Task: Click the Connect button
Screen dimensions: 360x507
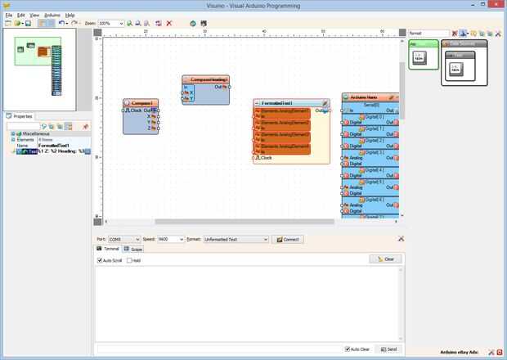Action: point(290,239)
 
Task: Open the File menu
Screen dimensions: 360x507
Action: point(9,15)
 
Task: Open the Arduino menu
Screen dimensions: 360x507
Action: point(52,15)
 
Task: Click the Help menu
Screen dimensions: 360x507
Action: point(70,15)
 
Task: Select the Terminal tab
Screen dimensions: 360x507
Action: point(110,248)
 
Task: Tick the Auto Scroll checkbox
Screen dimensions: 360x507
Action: point(100,260)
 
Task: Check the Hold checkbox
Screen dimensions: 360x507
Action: point(129,260)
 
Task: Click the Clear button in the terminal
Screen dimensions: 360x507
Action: point(385,259)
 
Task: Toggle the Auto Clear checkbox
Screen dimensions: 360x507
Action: point(347,349)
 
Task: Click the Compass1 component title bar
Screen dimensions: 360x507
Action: point(141,102)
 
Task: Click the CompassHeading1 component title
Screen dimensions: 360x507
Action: point(206,79)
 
